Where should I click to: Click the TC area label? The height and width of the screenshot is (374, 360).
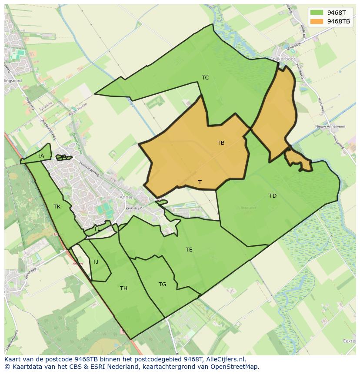205,78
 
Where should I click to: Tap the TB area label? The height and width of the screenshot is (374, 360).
221,142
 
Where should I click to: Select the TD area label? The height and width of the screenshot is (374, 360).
273,196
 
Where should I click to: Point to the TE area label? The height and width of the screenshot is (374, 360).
189,250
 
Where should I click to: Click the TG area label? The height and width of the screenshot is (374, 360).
162,285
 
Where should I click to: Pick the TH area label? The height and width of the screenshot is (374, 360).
123,288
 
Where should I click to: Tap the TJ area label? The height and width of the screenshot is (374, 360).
96,262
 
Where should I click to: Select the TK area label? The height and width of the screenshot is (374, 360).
57,207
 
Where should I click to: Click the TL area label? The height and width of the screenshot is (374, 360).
97,229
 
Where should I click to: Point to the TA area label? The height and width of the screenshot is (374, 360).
41,156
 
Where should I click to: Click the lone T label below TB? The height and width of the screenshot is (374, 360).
200,182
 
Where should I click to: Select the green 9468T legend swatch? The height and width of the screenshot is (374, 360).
317,13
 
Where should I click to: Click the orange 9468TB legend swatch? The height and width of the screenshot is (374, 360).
317,21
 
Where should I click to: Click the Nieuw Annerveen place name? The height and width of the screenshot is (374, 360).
330,126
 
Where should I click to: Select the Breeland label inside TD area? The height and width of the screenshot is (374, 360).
248,208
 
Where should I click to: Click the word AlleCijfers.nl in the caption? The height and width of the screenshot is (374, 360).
226,359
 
